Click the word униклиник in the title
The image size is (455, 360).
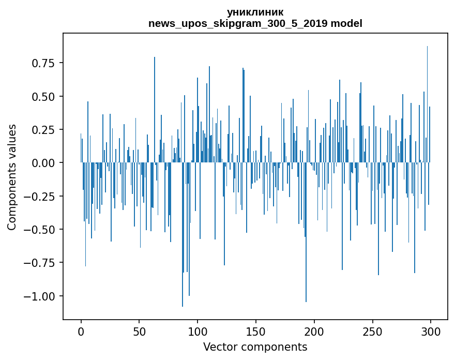click(255, 12)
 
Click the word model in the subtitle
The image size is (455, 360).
click(346, 23)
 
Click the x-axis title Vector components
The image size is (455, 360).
click(255, 347)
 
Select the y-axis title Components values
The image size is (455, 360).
click(12, 177)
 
